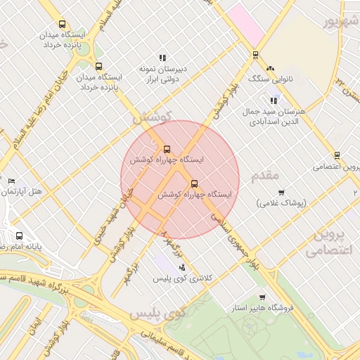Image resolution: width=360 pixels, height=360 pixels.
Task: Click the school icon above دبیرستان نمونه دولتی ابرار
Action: pyautogui.click(x=162, y=58)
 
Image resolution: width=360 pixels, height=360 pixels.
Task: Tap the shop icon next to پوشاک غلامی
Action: pyautogui.click(x=281, y=192)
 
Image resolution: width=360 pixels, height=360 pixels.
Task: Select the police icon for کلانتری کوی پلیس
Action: pyautogui.click(x=183, y=267)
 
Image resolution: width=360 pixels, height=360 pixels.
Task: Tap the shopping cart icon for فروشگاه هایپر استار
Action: pyautogui.click(x=262, y=297)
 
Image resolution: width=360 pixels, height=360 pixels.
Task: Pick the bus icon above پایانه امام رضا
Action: pyautogui.click(x=18, y=236)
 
